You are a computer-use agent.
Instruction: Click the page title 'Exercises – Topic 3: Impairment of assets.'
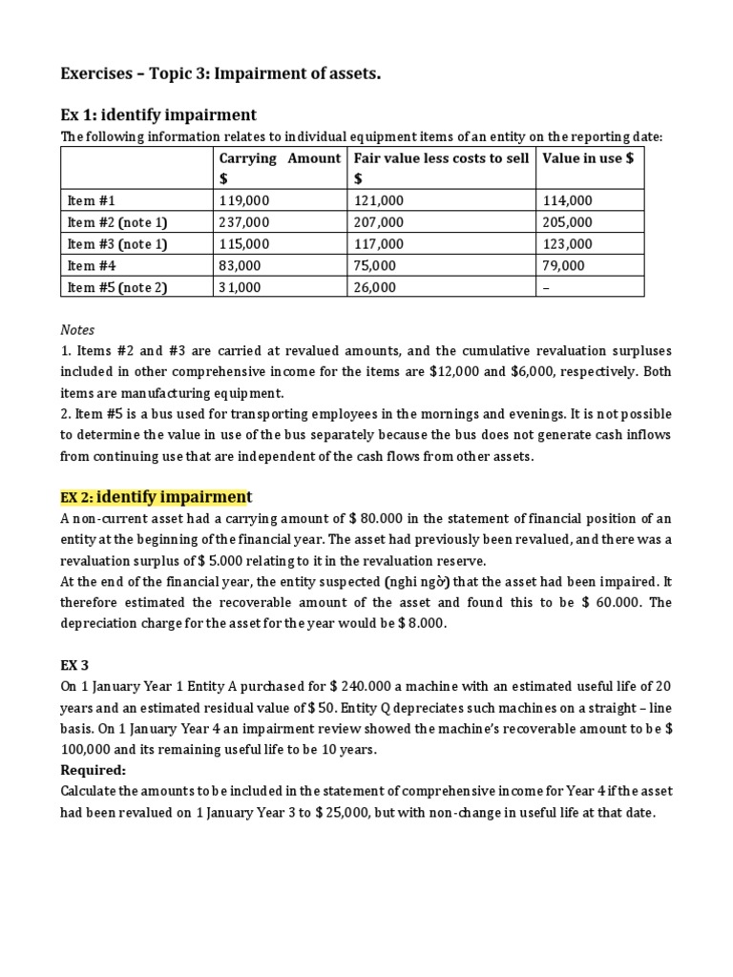220,74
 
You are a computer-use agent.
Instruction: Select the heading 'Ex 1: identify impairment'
158,114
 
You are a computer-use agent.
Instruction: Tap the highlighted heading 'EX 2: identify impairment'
157,497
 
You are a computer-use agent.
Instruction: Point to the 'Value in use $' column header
587,158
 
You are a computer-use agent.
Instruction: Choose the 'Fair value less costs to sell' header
440,158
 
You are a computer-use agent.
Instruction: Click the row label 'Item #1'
92,200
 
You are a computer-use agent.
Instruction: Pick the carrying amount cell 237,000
245,222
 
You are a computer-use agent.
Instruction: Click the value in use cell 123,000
567,244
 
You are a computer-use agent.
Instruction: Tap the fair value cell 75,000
374,266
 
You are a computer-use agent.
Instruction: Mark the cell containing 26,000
374,287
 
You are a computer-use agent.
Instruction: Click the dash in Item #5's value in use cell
545,287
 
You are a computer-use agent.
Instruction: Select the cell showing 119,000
245,200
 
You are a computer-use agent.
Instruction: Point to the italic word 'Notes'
77,329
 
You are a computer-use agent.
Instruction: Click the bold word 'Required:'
92,770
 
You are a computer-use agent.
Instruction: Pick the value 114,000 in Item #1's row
567,200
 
